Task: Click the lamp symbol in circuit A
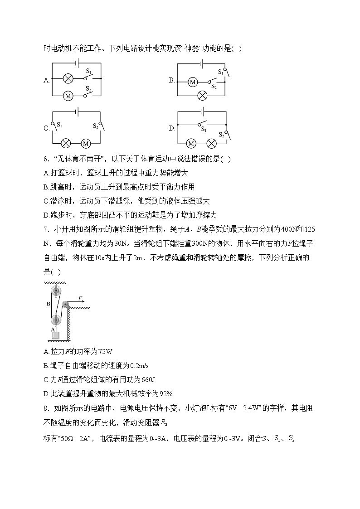point(68,78)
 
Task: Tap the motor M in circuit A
point(68,96)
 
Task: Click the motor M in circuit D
point(191,143)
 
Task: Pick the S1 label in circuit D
point(204,130)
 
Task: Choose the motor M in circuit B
point(193,82)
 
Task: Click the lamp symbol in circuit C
point(68,143)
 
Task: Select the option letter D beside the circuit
point(172,128)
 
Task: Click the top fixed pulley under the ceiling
point(56,291)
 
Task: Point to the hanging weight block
point(56,336)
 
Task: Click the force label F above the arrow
point(80,298)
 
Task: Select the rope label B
point(48,304)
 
